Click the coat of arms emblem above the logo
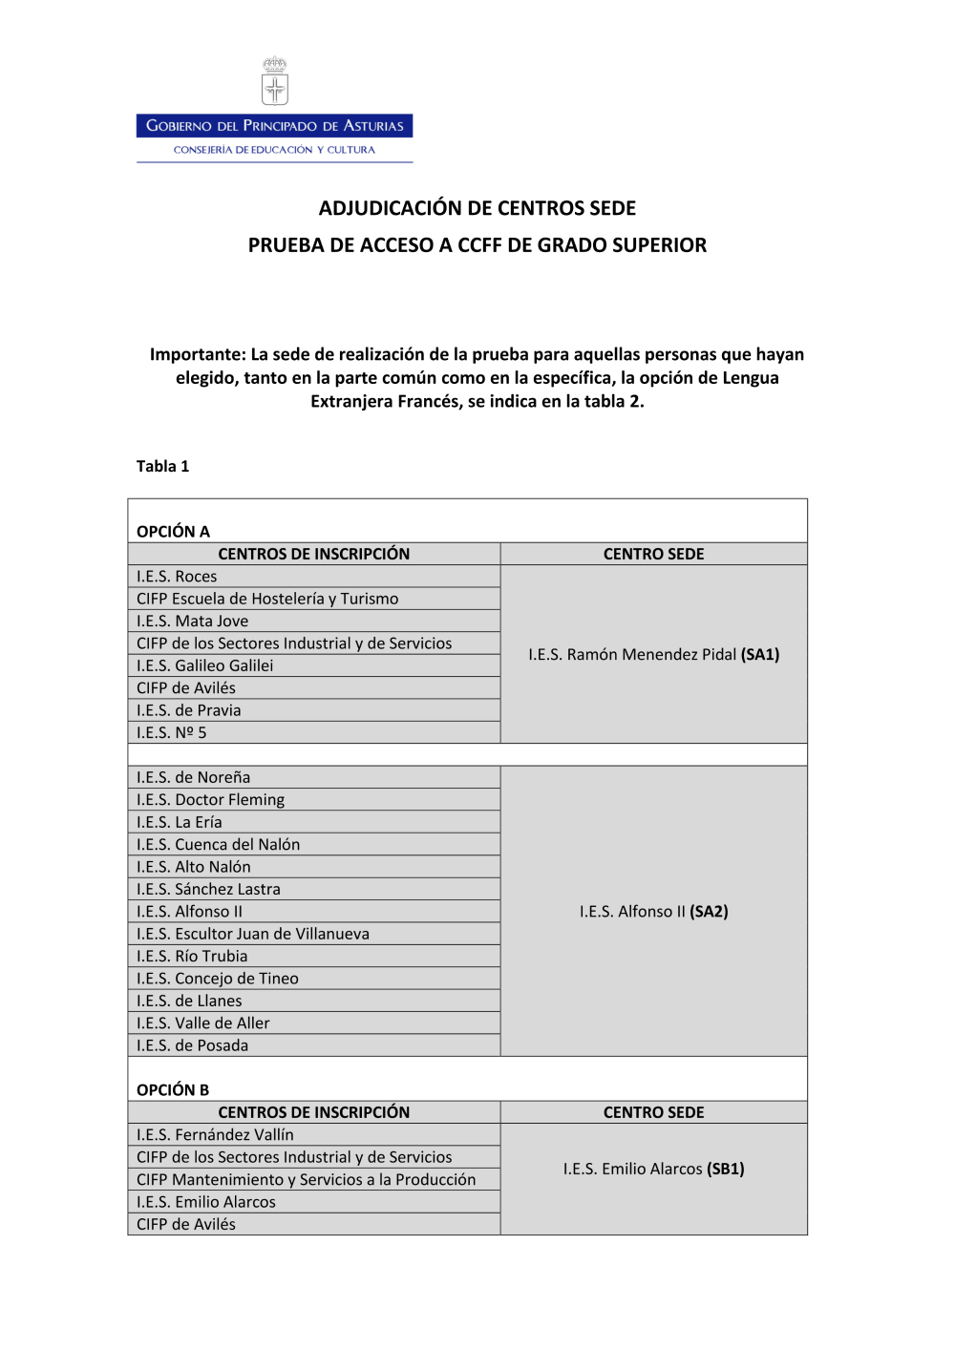pyautogui.click(x=275, y=81)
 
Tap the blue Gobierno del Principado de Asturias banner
pyautogui.click(x=275, y=126)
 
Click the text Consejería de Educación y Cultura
pyautogui.click(x=274, y=150)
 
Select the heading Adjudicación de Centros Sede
pyautogui.click(x=477, y=208)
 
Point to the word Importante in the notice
pyautogui.click(x=197, y=354)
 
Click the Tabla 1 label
pyautogui.click(x=162, y=466)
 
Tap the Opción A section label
pyautogui.click(x=173, y=531)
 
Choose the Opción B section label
pyautogui.click(x=173, y=1089)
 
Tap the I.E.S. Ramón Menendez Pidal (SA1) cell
pyautogui.click(x=653, y=654)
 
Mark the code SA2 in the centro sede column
pyautogui.click(x=709, y=912)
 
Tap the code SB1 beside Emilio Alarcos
pyautogui.click(x=726, y=1169)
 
